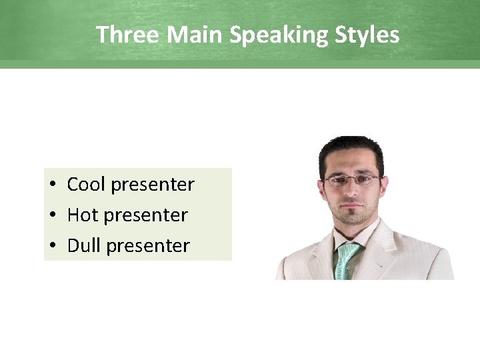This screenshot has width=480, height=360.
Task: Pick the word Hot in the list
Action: click(x=83, y=215)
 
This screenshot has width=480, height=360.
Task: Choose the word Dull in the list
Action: click(x=84, y=246)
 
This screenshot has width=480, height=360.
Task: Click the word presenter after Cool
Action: click(x=153, y=185)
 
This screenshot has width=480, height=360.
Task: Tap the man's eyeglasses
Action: click(x=352, y=179)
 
